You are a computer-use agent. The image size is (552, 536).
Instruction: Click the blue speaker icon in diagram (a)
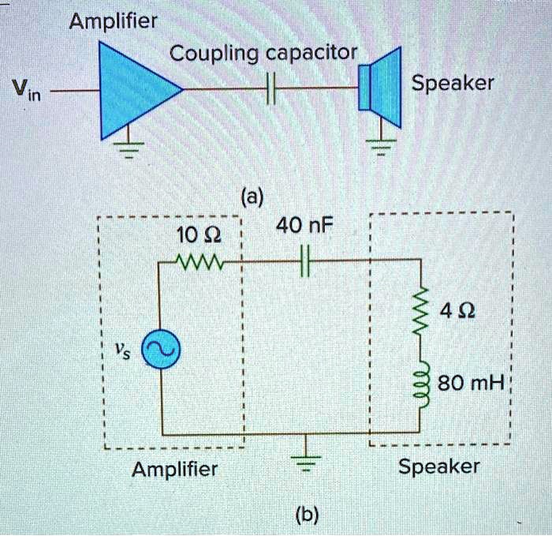[x=382, y=88]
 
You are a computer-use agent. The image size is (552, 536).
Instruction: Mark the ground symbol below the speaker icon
[x=382, y=148]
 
